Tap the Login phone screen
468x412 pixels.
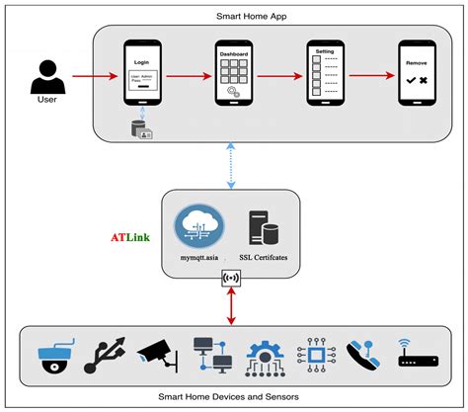pyautogui.click(x=144, y=73)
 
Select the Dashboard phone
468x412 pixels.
pyautogui.click(x=234, y=73)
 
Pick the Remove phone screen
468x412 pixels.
pyautogui.click(x=415, y=73)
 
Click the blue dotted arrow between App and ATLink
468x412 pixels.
pyautogui.click(x=230, y=163)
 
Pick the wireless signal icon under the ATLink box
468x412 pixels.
pyautogui.click(x=231, y=281)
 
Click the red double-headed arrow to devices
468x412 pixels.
pyautogui.click(x=231, y=306)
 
